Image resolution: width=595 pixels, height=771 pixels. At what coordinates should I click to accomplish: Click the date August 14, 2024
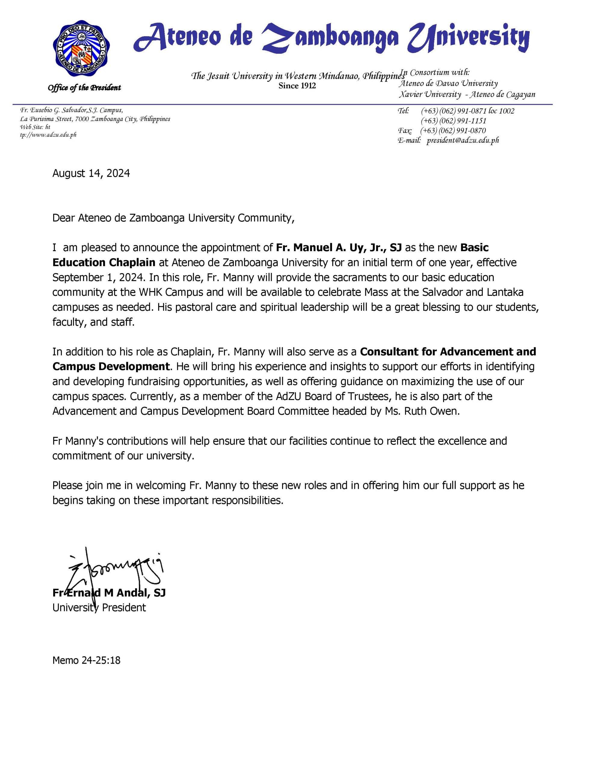[x=91, y=173]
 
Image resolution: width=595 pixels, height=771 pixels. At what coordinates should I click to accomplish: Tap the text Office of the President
[x=84, y=88]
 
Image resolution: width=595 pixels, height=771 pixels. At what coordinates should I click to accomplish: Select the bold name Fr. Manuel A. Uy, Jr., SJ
[x=339, y=248]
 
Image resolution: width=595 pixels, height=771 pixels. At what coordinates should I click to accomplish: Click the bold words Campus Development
[x=111, y=367]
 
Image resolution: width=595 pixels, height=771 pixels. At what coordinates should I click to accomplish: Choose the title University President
[x=99, y=607]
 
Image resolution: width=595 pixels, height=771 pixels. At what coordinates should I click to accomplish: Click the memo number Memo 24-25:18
[x=86, y=660]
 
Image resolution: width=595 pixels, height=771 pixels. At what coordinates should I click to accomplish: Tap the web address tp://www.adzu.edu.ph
[x=48, y=135]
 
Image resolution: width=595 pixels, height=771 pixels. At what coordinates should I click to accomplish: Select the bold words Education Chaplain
[x=104, y=263]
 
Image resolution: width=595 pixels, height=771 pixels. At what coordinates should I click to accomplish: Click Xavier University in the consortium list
[x=430, y=95]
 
